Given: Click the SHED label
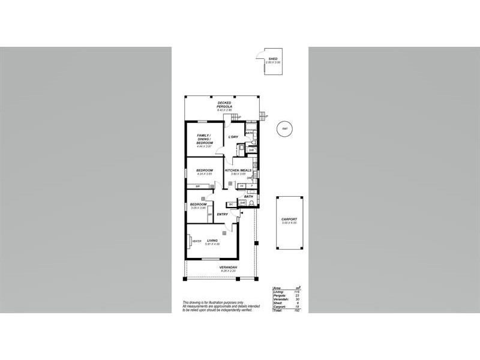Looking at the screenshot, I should pyautogui.click(x=273, y=59).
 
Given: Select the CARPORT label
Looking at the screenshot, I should pyautogui.click(x=289, y=220).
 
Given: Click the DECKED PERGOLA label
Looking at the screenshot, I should pyautogui.click(x=224, y=103).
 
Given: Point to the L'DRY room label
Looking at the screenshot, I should pyautogui.click(x=233, y=137).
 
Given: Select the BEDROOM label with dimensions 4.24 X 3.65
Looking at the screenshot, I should pyautogui.click(x=205, y=171).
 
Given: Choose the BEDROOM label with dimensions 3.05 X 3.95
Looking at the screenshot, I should pyautogui.click(x=199, y=205).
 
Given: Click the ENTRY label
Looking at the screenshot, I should pyautogui.click(x=221, y=214).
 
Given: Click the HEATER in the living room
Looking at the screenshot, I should pyautogui.click(x=196, y=241).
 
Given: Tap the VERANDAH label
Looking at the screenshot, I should pyautogui.click(x=228, y=267).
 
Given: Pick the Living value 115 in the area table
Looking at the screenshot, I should pyautogui.click(x=296, y=292).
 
